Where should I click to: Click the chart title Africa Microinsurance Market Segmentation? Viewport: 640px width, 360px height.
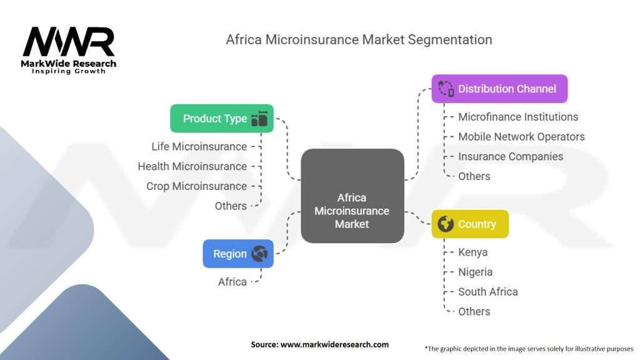[x=359, y=39]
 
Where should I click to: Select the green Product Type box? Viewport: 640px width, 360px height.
[x=222, y=118]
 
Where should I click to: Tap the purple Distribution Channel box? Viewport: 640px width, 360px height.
[x=499, y=89]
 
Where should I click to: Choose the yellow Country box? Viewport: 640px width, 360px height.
[x=470, y=224]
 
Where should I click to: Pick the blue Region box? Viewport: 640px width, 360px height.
[x=238, y=254]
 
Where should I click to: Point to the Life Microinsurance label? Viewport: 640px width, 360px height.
[x=199, y=146]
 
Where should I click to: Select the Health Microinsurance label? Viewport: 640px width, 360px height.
[x=192, y=166]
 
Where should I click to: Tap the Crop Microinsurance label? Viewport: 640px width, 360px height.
[x=196, y=186]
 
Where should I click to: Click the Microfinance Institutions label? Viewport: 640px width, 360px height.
[x=518, y=117]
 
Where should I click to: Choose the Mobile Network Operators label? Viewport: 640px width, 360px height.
[x=521, y=136]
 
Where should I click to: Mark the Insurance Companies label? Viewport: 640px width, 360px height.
[x=511, y=156]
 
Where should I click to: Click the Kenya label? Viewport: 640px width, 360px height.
[x=472, y=252]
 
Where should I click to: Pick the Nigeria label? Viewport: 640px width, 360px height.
[x=475, y=272]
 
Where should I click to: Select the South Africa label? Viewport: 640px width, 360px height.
[x=487, y=292]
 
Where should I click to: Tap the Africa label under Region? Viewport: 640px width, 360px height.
[x=232, y=282]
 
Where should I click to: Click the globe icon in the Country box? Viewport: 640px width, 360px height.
[x=446, y=224]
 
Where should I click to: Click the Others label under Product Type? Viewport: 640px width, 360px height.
[x=231, y=206]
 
